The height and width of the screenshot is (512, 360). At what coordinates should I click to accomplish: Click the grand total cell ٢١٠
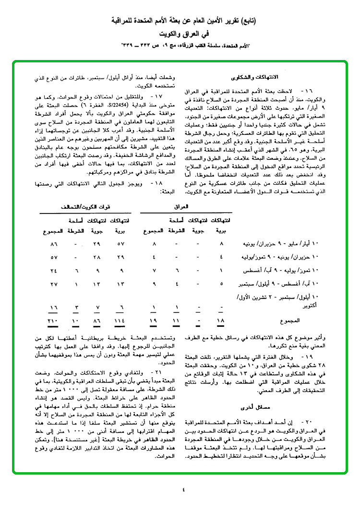click(x=52, y=320)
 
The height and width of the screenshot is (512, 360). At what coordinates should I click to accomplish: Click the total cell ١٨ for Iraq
click(x=221, y=320)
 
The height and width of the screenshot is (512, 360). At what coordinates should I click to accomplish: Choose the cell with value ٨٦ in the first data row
click(x=53, y=244)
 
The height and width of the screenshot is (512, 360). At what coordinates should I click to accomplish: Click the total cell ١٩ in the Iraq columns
click(x=154, y=320)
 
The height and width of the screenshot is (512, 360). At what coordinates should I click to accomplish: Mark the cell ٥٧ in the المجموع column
click(x=53, y=258)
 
